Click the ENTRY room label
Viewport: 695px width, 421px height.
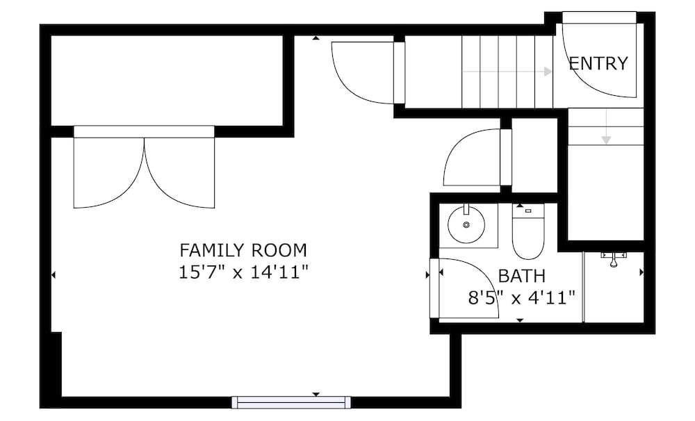click(x=598, y=63)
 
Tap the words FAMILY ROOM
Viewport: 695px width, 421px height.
click(x=243, y=250)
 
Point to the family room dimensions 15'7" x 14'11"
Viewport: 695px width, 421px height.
click(x=243, y=272)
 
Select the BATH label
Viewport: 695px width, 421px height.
click(x=522, y=276)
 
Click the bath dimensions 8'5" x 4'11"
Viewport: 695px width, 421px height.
click(x=522, y=297)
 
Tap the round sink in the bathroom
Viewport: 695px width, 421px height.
click(x=466, y=224)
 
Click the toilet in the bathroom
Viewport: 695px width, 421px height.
click(x=528, y=231)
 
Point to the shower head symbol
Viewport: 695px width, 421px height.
click(x=614, y=259)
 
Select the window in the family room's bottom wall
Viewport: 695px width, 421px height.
click(x=291, y=402)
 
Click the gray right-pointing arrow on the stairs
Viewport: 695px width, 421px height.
click(x=507, y=72)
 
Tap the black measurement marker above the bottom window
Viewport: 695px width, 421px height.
click(x=316, y=394)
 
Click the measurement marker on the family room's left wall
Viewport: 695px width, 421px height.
click(x=54, y=275)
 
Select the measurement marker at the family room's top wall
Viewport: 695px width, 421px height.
click(x=316, y=38)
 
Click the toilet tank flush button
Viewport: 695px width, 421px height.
click(x=528, y=211)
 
